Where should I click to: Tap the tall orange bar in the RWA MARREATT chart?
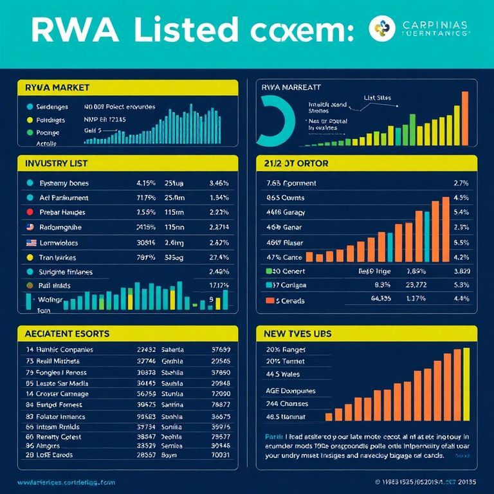(x=464, y=116)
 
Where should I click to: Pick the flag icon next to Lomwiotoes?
(x=30, y=242)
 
